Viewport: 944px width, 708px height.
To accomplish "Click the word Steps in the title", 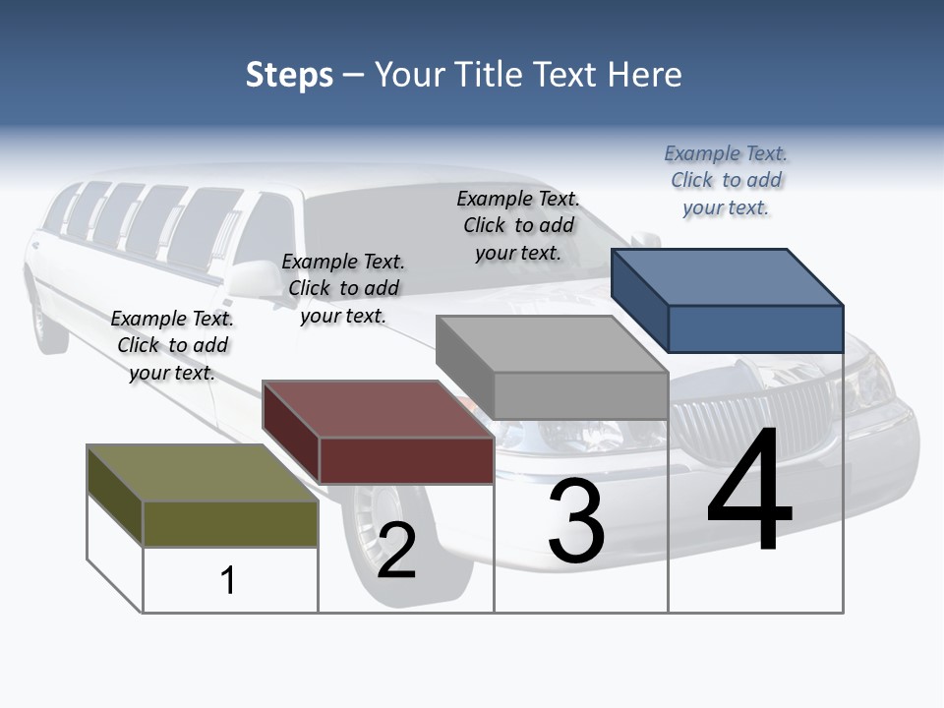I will pyautogui.click(x=289, y=75).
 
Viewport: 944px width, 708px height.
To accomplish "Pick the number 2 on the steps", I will pyautogui.click(x=396, y=551).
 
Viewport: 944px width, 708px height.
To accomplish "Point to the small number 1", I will pyautogui.click(x=228, y=580).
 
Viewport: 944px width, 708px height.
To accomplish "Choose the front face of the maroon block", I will pyautogui.click(x=406, y=460).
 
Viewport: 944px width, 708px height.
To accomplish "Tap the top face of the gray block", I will pyautogui.click(x=551, y=344).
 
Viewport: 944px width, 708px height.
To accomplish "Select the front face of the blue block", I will pyautogui.click(x=755, y=328).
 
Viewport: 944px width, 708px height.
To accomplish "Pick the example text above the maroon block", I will pyautogui.click(x=343, y=289).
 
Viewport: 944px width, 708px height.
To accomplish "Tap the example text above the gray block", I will pyautogui.click(x=518, y=226).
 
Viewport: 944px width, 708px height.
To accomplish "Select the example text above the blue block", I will pyautogui.click(x=726, y=181).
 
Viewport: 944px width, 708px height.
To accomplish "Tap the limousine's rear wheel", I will pyautogui.click(x=49, y=320).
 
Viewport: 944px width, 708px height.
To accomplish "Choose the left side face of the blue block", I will pyautogui.click(x=639, y=300).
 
